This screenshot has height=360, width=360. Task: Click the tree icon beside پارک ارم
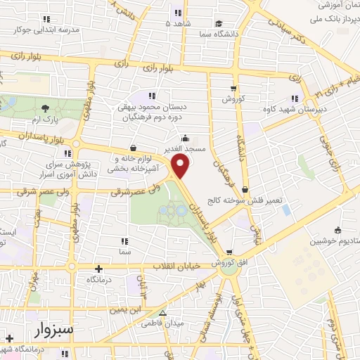coord(46,108)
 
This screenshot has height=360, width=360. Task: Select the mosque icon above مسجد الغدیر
coord(184,138)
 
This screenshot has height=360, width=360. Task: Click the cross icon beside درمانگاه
coord(98,268)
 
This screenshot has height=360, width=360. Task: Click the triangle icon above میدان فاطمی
coord(162,314)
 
